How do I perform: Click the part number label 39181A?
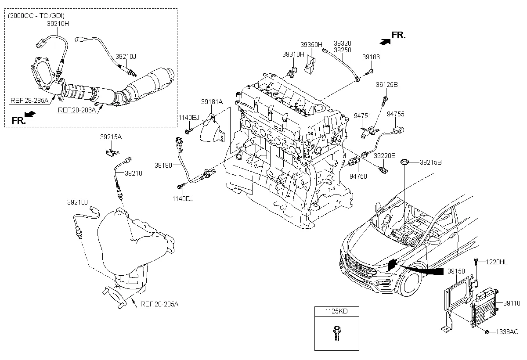[x=212, y=102]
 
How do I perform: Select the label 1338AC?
[x=507, y=332]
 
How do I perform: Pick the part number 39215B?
[x=430, y=162]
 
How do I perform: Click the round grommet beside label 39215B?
[x=405, y=163]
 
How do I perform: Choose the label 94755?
[x=395, y=114]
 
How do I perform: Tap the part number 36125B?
[x=386, y=84]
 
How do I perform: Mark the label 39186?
[x=371, y=57]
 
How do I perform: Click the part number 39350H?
[x=311, y=45]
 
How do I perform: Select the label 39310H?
[x=293, y=54]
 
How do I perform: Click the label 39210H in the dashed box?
[x=58, y=24]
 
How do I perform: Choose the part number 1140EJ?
[x=188, y=118]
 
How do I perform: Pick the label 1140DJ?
[x=183, y=198]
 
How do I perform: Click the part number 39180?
[x=163, y=165]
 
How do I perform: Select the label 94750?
[x=358, y=176]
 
